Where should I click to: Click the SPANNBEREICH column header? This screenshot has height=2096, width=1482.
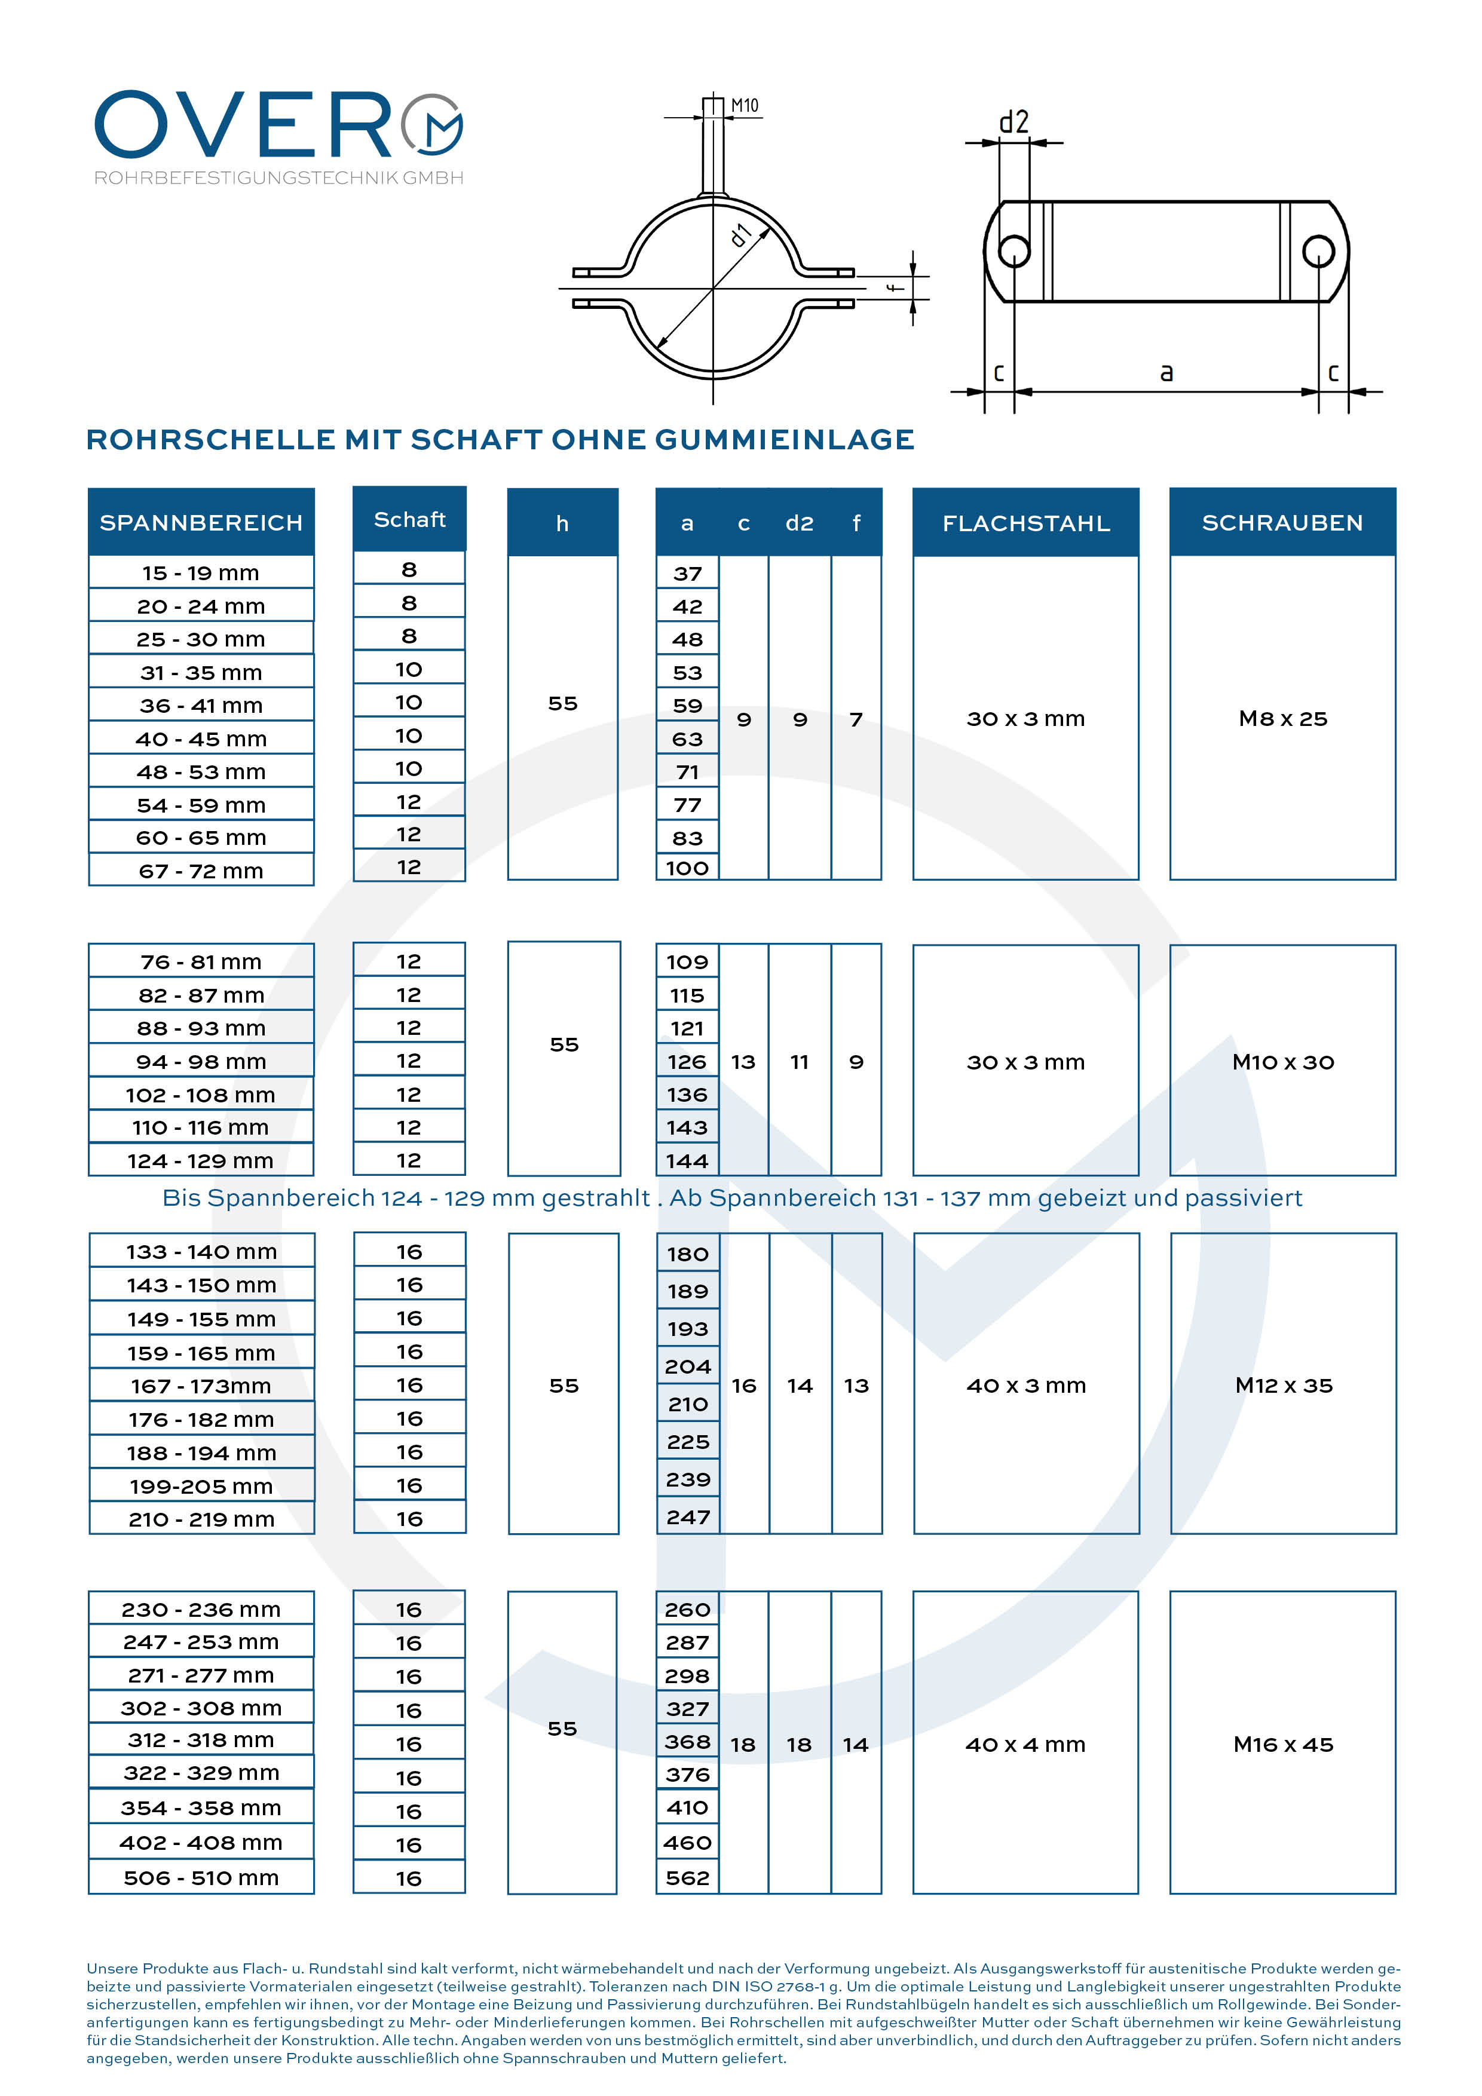(201, 522)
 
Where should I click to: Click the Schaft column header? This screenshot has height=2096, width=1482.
(409, 519)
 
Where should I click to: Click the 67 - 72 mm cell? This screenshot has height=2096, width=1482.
(201, 871)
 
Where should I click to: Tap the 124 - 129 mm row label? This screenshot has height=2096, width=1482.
(201, 1160)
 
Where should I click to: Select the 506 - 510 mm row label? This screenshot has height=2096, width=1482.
(201, 1878)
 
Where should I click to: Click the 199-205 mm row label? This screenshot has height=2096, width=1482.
(201, 1486)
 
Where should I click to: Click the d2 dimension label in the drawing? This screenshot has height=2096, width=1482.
(1013, 121)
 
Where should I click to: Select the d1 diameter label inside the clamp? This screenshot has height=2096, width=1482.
(740, 235)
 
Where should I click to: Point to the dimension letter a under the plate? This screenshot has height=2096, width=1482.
(1166, 372)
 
